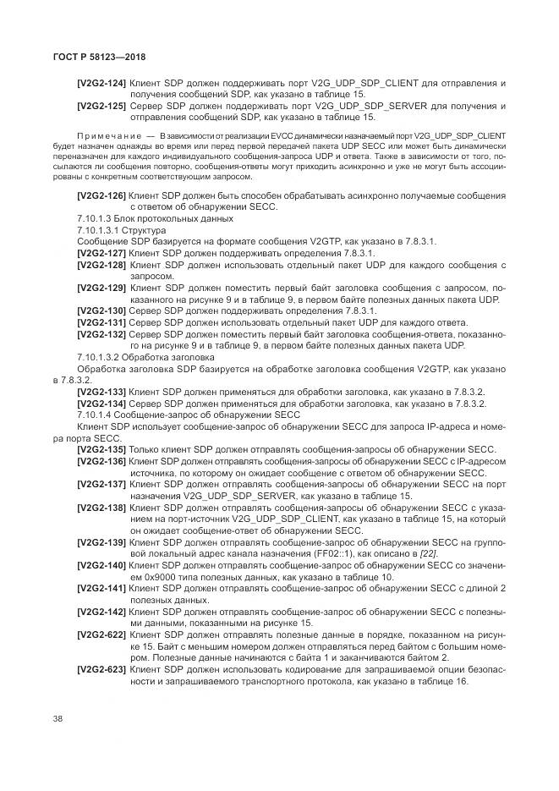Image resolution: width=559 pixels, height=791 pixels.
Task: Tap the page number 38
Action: (x=57, y=717)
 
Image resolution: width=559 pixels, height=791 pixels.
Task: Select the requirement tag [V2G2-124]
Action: (x=101, y=83)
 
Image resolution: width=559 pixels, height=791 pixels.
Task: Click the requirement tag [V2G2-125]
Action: (x=101, y=106)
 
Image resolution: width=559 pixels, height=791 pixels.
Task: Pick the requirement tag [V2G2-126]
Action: (x=101, y=195)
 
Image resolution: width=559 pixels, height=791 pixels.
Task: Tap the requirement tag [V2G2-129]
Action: (x=101, y=288)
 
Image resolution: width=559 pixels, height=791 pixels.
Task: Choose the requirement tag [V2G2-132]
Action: (x=101, y=335)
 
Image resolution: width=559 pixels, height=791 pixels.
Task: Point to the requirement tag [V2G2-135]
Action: (x=101, y=449)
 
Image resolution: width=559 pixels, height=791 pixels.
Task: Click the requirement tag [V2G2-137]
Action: (x=101, y=484)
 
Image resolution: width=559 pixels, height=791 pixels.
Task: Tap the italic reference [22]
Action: (x=430, y=553)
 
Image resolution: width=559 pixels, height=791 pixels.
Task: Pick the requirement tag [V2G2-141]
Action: (x=101, y=587)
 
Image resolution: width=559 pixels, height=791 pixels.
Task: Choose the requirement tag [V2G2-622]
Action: (x=101, y=634)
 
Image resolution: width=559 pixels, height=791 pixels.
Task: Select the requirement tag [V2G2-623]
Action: (x=101, y=668)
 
